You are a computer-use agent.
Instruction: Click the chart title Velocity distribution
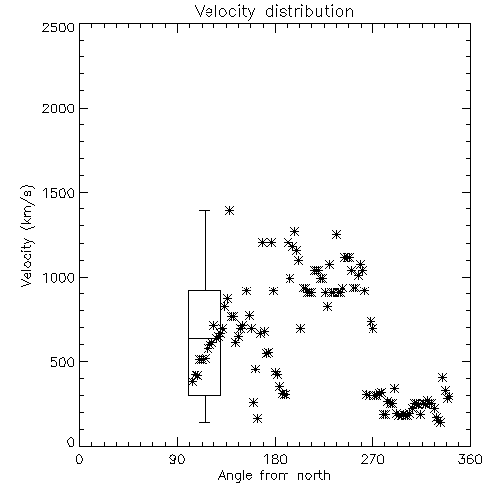pos(274,12)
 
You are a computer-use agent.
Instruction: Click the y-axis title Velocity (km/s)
pos(27,235)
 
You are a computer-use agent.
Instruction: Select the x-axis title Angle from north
pos(274,476)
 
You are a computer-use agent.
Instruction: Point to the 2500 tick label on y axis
pos(58,27)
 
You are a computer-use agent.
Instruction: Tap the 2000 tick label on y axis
pos(58,108)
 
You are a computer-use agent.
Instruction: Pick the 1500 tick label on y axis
pos(58,193)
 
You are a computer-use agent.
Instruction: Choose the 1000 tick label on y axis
pos(58,277)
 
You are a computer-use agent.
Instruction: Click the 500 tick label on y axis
pos(62,362)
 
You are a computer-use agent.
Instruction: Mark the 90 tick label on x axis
pos(177,459)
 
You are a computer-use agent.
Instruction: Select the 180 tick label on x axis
pos(275,459)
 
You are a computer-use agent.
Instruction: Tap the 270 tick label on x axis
pos(372,459)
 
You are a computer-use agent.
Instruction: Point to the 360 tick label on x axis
pos(470,459)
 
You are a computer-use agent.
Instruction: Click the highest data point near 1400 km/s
pos(229,210)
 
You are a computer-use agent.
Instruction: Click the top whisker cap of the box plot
pos(205,210)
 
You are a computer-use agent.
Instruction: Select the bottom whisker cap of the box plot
pos(205,422)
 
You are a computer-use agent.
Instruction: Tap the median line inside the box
pos(205,338)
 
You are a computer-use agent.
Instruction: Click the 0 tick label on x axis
pos(79,459)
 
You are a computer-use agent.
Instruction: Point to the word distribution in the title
pos(309,12)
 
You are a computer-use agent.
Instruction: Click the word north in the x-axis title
pos(314,476)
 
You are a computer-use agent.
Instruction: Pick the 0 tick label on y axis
pos(71,442)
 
